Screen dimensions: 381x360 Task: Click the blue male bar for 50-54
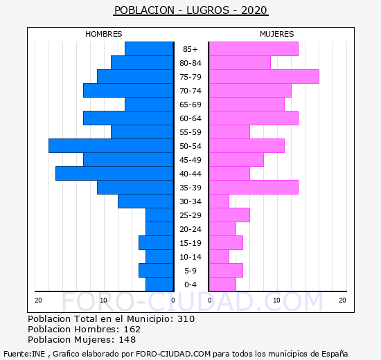111,146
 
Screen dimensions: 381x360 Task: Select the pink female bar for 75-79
265,77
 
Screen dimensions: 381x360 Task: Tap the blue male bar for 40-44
114,174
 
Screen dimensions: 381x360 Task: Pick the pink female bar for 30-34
219,201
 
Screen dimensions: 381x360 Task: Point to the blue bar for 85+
149,49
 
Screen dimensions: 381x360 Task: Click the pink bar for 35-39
254,188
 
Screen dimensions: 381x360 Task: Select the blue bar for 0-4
159,285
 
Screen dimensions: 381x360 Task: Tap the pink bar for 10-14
219,257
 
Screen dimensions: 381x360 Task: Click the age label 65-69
190,105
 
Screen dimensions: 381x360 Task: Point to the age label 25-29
190,215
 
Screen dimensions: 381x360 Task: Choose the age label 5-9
190,271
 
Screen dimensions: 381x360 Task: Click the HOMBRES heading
104,34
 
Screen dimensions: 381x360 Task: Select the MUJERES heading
277,34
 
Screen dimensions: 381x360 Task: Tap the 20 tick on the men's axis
38,300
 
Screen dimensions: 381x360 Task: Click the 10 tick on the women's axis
277,300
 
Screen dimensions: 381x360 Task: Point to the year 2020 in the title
254,10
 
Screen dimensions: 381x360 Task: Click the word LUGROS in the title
208,10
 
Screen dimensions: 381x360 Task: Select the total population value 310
186,318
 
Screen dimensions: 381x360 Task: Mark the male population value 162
132,329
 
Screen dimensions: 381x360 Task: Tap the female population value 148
127,340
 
